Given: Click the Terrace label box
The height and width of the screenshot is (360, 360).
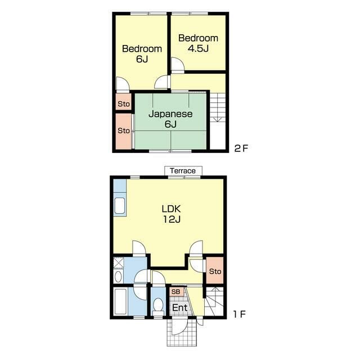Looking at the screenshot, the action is (x=183, y=171).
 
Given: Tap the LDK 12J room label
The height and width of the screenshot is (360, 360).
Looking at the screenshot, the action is (x=172, y=214).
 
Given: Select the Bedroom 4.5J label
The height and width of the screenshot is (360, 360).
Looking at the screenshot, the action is (x=198, y=43).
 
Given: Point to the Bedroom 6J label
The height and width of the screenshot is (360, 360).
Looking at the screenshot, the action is (x=142, y=54).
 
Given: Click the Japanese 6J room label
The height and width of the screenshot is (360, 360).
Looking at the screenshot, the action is (x=170, y=119).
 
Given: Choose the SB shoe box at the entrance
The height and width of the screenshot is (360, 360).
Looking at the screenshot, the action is (x=176, y=291).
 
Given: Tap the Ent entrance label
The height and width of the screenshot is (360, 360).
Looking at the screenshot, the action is (x=180, y=308).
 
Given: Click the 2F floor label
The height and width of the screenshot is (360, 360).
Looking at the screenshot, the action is (x=241, y=148).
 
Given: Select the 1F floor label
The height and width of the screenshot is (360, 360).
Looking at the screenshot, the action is (x=240, y=314).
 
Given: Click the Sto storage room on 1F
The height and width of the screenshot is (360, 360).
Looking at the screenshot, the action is (x=215, y=270).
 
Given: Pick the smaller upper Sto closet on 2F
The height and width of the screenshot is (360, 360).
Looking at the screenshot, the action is (x=124, y=102).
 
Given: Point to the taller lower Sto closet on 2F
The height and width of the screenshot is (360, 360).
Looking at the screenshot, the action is (x=124, y=131).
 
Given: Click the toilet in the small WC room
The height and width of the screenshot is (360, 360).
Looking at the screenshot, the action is (x=158, y=307).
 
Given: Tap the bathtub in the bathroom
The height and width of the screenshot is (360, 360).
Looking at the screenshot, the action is (x=120, y=301).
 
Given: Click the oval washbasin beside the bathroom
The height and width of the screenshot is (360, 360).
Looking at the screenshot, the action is (x=118, y=277).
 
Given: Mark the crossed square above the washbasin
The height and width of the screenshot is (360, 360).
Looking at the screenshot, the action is (x=119, y=263).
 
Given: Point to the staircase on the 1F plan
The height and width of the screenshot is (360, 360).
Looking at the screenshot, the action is (x=214, y=301).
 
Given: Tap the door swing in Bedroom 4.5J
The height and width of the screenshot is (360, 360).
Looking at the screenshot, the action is (x=178, y=65).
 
